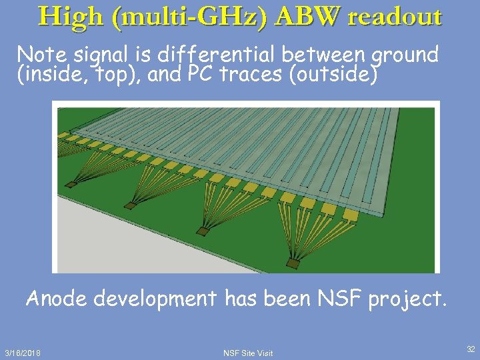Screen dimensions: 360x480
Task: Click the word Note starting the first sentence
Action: (x=41, y=55)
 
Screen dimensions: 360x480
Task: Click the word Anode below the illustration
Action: (x=56, y=299)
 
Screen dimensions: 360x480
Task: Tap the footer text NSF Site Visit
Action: (x=248, y=353)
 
